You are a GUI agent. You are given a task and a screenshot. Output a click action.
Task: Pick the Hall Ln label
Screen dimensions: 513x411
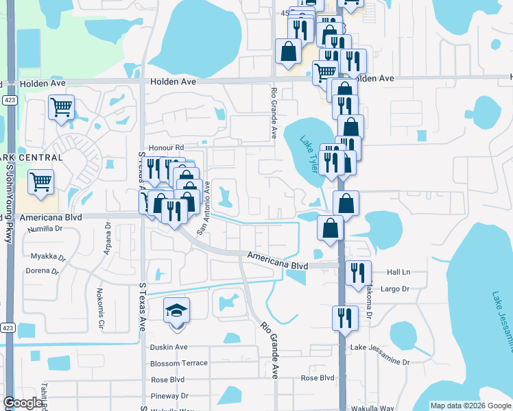398,272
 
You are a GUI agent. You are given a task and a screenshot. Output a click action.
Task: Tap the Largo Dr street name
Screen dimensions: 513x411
394,289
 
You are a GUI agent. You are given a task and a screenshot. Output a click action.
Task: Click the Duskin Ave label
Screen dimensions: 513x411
169,347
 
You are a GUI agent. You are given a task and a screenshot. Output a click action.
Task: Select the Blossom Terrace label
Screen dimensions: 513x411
178,363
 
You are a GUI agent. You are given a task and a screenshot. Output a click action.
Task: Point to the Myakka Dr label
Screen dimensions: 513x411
48,258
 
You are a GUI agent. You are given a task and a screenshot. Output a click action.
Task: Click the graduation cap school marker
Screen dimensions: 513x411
177,310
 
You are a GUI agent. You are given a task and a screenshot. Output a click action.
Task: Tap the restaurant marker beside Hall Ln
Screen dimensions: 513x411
357,272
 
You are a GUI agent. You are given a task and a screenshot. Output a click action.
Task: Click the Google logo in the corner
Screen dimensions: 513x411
24,403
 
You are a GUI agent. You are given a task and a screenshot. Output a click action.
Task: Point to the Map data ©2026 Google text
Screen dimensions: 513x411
470,406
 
